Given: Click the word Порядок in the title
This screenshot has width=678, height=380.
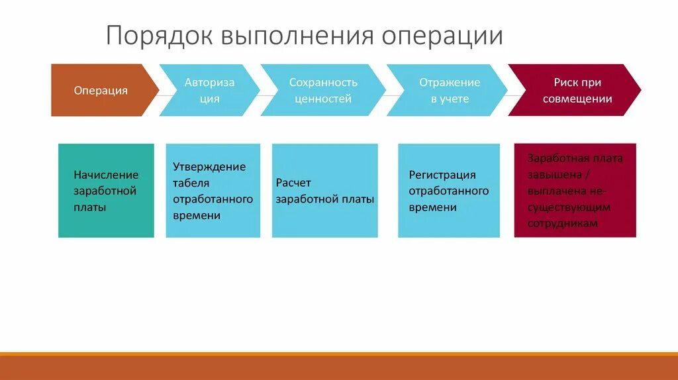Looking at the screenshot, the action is (159, 36).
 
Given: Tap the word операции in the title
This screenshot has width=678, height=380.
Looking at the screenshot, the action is (442, 36).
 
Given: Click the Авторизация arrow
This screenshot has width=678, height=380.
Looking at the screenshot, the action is (209, 91).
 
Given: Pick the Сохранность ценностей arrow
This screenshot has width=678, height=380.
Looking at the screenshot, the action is (322, 91).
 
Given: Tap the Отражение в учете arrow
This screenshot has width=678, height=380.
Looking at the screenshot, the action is (449, 91).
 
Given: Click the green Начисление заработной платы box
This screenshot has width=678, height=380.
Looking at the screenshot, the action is (106, 191).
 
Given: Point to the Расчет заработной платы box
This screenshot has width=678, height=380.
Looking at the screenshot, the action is (324, 191).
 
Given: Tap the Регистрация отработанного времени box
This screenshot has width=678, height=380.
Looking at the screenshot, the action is (449, 191).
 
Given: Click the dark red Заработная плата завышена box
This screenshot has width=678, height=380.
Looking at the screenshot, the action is (575, 191).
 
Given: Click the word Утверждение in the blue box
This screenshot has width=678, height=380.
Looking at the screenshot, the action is (209, 167).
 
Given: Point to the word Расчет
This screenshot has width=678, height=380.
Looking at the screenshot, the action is (293, 183).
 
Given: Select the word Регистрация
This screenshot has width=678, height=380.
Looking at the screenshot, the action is (442, 175).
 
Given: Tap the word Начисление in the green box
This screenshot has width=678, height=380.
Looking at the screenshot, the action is (106, 175).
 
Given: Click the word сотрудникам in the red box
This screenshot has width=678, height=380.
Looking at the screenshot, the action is (563, 224).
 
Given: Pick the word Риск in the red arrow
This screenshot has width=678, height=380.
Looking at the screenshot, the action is (566, 83).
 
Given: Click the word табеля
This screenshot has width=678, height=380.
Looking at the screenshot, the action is (191, 183).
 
